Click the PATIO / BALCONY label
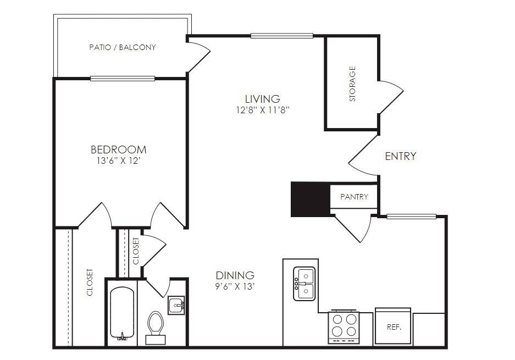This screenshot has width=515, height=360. pos(122,47)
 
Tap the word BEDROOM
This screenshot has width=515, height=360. pos(119,150)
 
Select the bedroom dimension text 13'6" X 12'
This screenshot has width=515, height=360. pos(119,161)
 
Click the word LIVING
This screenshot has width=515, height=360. pos(262,99)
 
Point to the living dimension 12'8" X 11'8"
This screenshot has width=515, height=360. pos(262,110)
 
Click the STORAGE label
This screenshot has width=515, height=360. pos(352,84)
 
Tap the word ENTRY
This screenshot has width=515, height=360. pos(400,156)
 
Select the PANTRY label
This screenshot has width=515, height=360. pos(354,197)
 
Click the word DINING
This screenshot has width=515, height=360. pos(235,275)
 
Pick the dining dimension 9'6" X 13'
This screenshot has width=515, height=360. pos(235,287)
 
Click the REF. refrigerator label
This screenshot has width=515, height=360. pos(394,327)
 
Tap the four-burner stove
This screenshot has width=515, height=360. pos(344,326)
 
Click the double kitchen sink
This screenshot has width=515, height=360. pos(304,284)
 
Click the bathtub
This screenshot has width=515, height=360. pos(122,313)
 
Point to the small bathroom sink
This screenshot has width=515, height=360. pos(176,306)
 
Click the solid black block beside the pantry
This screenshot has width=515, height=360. pos(311,200)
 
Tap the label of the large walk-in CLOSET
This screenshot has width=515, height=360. pos(90,283)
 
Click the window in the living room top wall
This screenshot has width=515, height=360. pos(282,36)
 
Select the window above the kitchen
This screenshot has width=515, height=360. pos(412,217)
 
